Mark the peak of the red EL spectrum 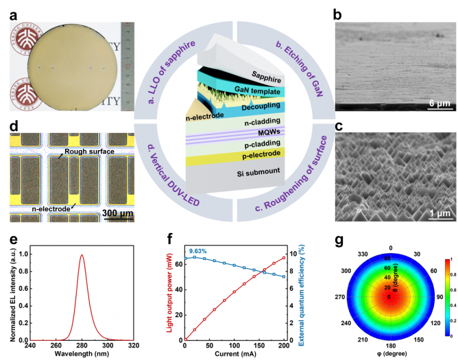pos(82,255)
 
